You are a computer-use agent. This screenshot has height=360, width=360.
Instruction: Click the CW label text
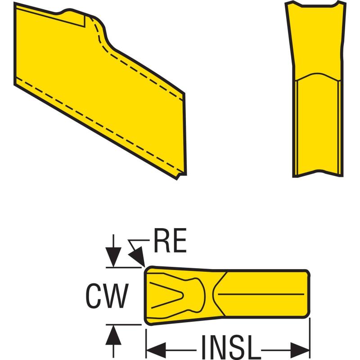point(105,296)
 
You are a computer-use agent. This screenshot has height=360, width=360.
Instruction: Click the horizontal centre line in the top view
point(261,294)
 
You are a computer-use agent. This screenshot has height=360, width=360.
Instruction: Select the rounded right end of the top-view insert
point(308,295)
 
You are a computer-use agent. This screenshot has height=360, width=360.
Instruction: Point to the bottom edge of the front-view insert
point(317,176)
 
